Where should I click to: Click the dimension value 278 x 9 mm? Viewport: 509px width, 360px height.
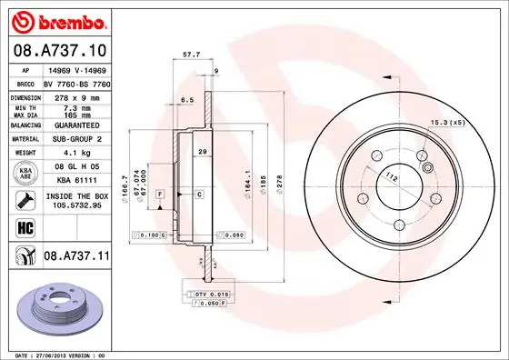click(73, 96)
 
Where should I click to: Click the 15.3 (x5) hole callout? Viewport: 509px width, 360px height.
click(446, 121)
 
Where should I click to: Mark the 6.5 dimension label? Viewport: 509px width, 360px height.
click(188, 99)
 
